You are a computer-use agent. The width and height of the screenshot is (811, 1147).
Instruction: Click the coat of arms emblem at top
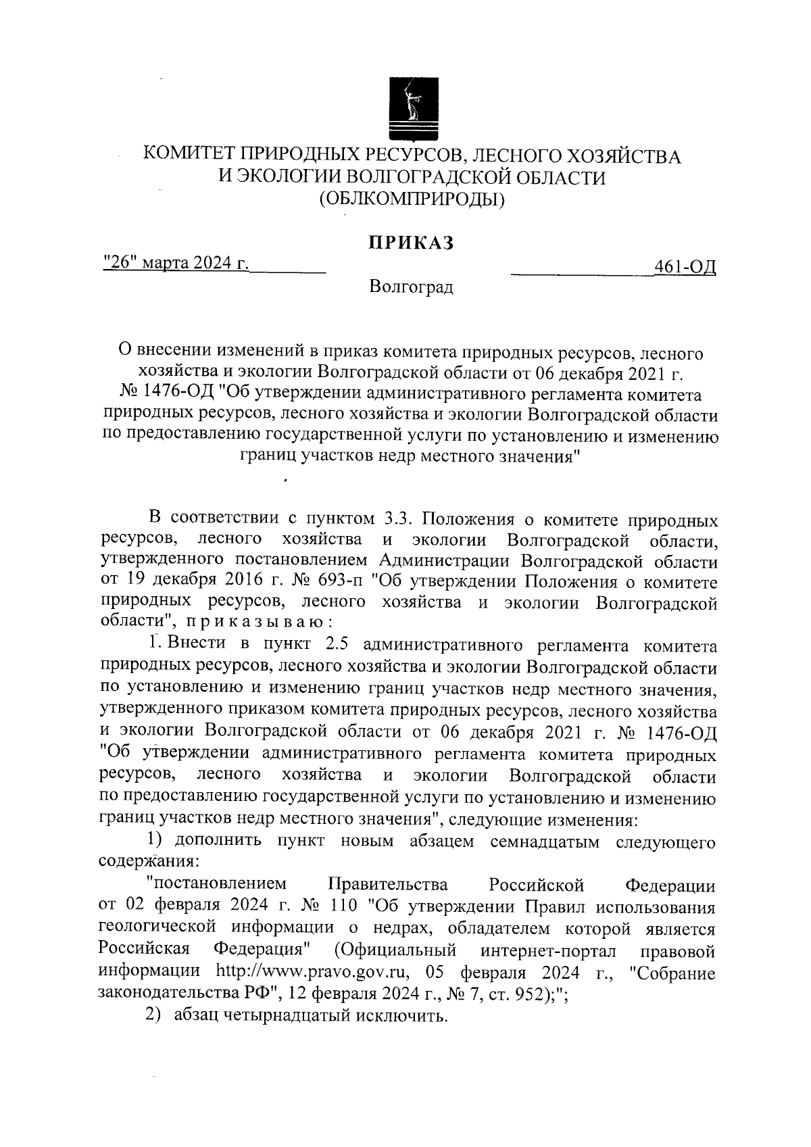pyautogui.click(x=410, y=109)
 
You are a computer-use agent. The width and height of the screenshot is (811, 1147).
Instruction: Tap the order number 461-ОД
pyautogui.click(x=685, y=267)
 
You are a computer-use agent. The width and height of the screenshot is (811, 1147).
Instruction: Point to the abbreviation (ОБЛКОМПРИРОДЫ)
pyautogui.click(x=412, y=199)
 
